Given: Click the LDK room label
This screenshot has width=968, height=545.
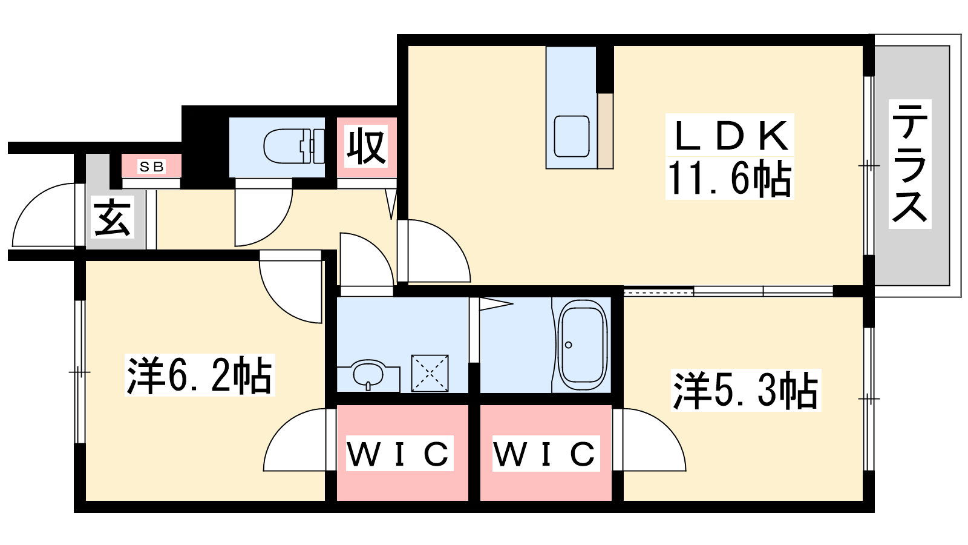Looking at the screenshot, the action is pos(730,136).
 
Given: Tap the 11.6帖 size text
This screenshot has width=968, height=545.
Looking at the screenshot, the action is pos(730,178).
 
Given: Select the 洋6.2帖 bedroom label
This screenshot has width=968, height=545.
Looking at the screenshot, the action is pos(200,375).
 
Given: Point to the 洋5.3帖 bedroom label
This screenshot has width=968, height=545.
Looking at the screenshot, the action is pos(745,390).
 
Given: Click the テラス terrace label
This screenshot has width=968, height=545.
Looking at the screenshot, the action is pos(910,164).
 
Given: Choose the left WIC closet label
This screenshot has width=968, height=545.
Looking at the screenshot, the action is pos(399,454).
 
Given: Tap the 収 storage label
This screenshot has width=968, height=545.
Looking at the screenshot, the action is pos(366,146).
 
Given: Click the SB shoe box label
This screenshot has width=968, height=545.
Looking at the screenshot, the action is pos(151,166).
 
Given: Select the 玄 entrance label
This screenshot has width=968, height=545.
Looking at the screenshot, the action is pos(113,217).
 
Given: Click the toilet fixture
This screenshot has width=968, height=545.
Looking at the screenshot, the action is pos(294,146).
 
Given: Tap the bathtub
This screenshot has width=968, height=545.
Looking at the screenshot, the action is pos(583,345).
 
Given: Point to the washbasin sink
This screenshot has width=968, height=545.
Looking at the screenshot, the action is pos(368,373).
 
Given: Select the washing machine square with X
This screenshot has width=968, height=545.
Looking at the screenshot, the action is pos(430,373).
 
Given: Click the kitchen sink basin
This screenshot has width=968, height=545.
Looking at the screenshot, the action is pos(572,136).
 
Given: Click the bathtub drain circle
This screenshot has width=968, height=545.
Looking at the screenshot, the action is pos(569,345).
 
